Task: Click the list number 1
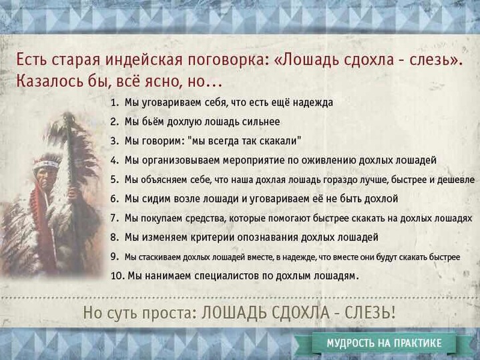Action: (x=114, y=102)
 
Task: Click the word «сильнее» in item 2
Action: (x=261, y=122)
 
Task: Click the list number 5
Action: (x=114, y=180)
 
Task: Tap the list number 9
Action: (x=114, y=256)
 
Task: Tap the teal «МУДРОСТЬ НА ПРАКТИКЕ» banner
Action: (x=384, y=343)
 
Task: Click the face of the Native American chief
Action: (x=47, y=177)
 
